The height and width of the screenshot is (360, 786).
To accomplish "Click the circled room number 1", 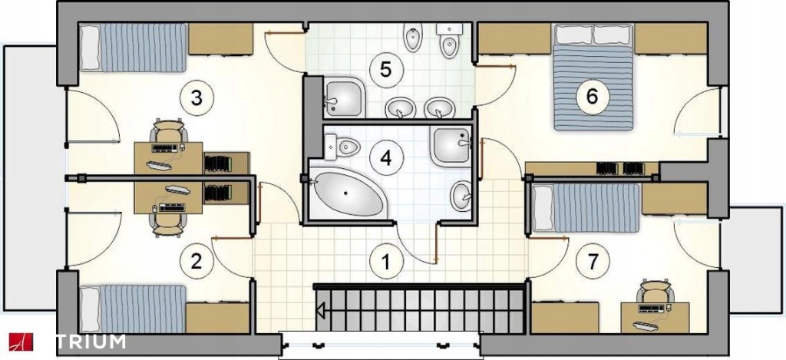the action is coord(386,261).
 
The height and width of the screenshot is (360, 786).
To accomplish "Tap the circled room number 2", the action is coord(196,261).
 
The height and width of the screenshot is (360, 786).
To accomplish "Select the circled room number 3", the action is coord(196,97).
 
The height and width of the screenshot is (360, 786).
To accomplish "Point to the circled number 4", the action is coord(385,158).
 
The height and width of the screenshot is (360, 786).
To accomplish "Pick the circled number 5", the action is coord(385,69).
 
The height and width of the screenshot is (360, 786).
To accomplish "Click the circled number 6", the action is coord(592,96).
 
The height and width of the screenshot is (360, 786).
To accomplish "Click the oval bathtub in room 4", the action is coord(348,193).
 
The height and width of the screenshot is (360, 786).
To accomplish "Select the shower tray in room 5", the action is coord(343,97).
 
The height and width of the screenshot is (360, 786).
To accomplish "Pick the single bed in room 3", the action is coord(133,48).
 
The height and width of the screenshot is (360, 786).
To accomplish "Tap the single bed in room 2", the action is coord(133,309).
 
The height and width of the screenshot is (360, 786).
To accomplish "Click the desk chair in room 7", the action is coord(656,292).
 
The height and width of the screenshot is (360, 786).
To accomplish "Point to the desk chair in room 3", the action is coord(168,131).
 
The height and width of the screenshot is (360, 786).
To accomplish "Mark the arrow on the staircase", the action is coord(320,310).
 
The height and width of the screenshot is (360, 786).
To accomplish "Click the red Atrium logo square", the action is coord(20,342).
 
